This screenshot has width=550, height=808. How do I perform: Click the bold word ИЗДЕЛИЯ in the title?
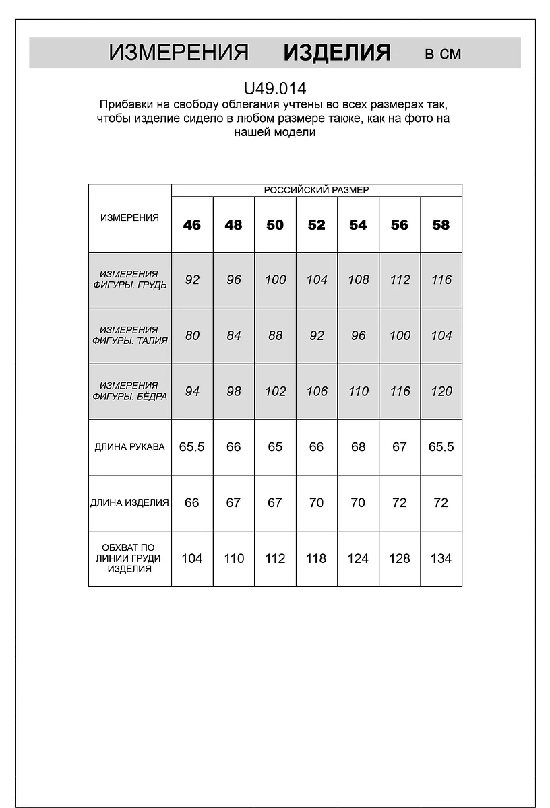coord(336,53)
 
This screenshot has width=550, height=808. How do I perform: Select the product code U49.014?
coord(275,88)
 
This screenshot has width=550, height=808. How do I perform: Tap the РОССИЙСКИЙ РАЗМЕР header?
coord(316,190)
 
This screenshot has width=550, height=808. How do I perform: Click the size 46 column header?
coord(192,225)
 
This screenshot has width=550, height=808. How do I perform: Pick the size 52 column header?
coord(316,225)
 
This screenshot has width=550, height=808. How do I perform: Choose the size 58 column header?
coord(441,225)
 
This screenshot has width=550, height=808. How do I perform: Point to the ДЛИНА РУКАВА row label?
coord(130,447)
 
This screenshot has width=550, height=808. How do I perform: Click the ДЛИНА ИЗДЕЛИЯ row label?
coord(130,503)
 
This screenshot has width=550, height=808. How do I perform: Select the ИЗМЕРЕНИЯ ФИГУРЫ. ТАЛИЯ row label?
coord(130,335)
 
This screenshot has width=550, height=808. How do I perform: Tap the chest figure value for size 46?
coord(192,280)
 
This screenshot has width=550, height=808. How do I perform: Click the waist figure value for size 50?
coord(275,335)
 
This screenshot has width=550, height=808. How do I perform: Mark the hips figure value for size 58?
coord(441,391)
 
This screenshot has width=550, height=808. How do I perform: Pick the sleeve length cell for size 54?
coord(358,447)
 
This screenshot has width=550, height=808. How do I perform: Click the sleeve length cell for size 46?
coord(192,447)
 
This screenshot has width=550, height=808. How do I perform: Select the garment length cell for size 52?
coord(316,503)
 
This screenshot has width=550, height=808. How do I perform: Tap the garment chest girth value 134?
coord(441,558)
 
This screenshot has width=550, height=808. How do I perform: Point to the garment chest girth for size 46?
coord(192,558)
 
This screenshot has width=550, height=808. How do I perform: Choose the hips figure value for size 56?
coord(400,391)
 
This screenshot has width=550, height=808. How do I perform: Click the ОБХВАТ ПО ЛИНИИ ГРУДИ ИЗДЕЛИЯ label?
coord(130,558)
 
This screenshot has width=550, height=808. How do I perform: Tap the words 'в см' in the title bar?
coord(443,54)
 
